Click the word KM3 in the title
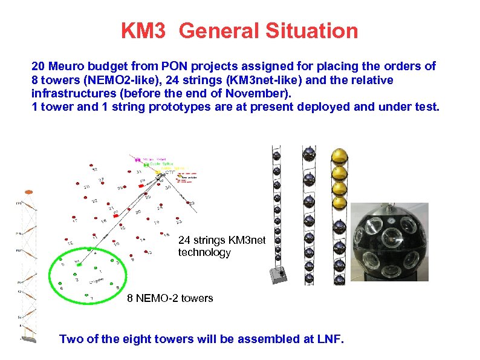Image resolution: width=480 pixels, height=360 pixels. point(143,30)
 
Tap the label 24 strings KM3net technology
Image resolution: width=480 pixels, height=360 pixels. point(221,246)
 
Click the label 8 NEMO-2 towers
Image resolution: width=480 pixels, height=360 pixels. point(170,298)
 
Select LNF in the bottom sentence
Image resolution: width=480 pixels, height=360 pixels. point(329,339)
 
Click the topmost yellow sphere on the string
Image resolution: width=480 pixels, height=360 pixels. point(340,156)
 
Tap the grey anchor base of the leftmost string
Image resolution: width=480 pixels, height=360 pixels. point(279,275)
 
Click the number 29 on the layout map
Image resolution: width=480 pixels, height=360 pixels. point(143,180)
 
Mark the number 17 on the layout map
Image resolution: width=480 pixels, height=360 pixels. point(75,221)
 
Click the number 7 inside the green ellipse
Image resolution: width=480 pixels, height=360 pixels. point(91,298)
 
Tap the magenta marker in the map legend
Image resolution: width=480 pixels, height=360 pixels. point(137,159)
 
